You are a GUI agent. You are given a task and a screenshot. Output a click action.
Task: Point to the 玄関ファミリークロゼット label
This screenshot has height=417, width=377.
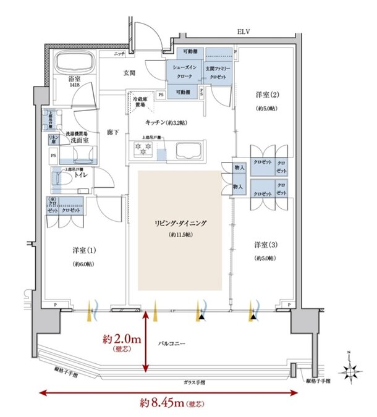[218, 72]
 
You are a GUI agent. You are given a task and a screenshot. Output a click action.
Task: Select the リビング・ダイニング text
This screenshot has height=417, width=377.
[179, 224]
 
